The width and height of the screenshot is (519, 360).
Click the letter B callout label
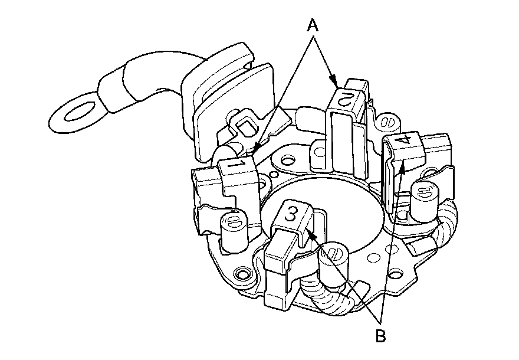click(380, 336)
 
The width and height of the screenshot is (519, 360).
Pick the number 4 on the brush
click(401, 142)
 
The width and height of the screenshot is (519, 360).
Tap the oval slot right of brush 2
click(387, 123)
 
